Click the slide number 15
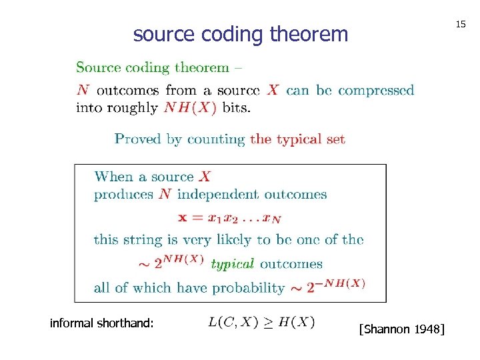(x=460, y=24)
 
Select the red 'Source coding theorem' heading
(x=153, y=67)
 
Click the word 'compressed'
(x=375, y=90)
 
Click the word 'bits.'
(x=236, y=108)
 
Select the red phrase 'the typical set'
(x=298, y=139)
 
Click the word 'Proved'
(x=138, y=139)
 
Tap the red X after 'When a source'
(x=205, y=177)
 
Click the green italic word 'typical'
(x=232, y=264)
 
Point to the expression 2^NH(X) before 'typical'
(x=179, y=261)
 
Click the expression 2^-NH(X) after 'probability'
(x=327, y=285)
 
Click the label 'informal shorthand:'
(x=102, y=323)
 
